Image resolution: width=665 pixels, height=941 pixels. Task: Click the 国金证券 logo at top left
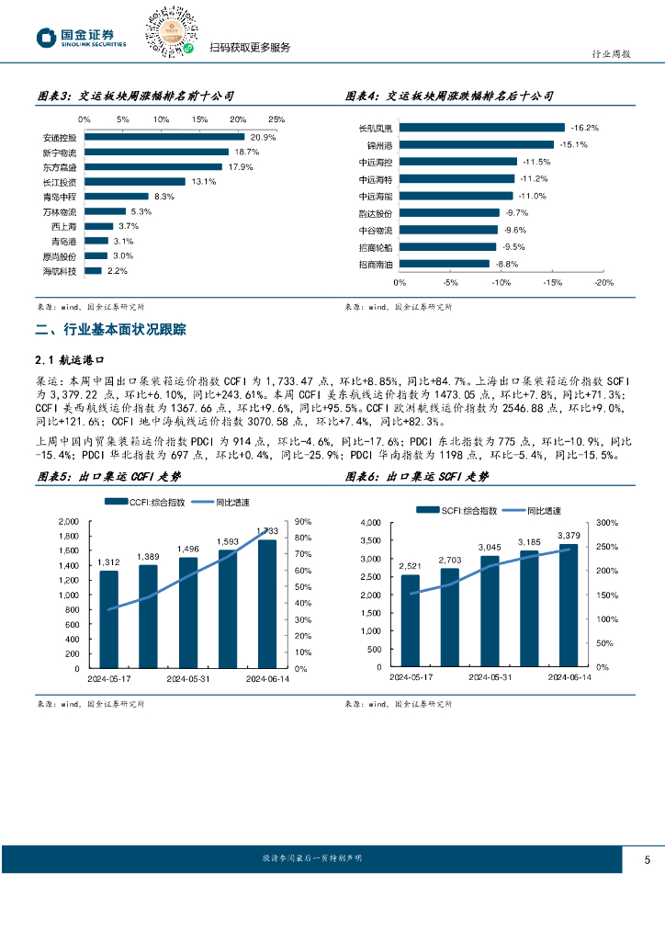[82, 38]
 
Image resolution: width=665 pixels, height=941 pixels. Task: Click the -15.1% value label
[573, 144]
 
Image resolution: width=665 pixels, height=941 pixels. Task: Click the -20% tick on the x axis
[603, 283]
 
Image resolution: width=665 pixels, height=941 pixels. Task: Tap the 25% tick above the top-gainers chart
[276, 119]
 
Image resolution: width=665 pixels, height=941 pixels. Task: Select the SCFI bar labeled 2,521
[410, 620]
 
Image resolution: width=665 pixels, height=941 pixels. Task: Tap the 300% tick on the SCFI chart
[607, 522]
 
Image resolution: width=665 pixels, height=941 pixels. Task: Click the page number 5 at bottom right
[648, 860]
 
